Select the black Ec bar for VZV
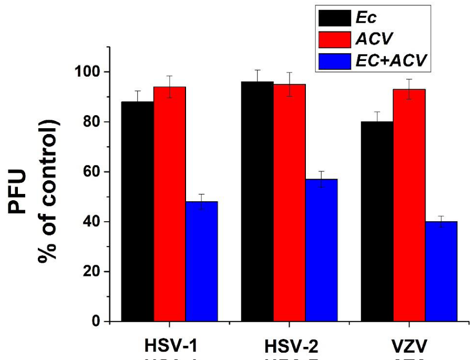click(377, 221)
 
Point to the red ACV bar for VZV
click(409, 205)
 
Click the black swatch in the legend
click(333, 18)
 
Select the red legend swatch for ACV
click(333, 40)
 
